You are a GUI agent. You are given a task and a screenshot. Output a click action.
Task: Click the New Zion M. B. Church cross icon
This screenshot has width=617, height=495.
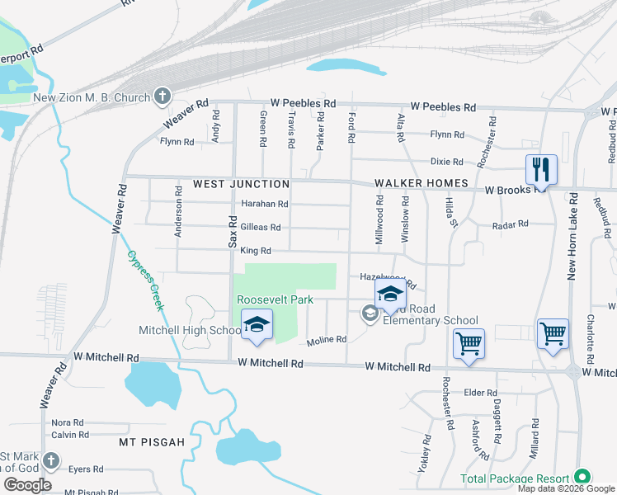(162, 97)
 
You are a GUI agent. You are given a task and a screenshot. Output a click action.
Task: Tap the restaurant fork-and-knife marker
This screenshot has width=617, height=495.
(541, 170)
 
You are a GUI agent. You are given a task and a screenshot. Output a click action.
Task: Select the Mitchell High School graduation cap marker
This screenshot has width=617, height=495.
(257, 324)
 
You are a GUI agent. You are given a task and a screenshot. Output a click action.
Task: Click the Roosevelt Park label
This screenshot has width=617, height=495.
(275, 299)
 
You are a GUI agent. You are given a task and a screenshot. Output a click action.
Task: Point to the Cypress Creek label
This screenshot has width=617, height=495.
(146, 280)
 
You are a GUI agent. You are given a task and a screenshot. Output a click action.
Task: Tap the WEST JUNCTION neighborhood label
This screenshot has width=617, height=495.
(241, 184)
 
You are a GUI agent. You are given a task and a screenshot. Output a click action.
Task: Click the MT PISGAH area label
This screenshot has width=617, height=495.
(153, 442)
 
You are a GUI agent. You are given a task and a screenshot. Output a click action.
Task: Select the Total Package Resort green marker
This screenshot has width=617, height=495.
(582, 478)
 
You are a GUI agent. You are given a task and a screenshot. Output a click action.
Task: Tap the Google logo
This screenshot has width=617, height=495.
(26, 484)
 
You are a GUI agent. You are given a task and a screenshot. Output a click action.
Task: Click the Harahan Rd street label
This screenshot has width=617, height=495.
(264, 204)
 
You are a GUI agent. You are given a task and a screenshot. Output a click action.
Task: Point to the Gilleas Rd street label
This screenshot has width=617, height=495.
(261, 227)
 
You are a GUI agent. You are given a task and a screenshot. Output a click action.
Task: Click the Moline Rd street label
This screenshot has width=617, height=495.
(326, 339)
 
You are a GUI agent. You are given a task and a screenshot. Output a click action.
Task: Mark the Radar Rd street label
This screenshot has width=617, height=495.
(509, 224)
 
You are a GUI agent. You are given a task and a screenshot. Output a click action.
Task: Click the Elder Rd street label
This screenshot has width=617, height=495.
(481, 393)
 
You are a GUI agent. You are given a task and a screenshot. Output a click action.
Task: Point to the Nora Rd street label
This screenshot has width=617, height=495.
(67, 422)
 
